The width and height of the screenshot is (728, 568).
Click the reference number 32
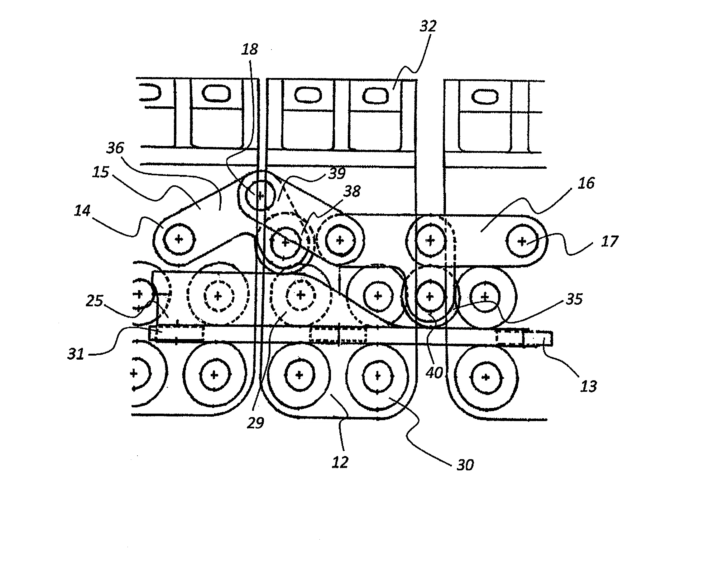point(428,26)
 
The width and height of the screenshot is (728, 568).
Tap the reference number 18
point(250,49)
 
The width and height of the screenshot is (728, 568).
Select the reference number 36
point(115,148)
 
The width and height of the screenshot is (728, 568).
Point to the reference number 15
point(101,172)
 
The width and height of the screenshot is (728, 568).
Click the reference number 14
point(82,211)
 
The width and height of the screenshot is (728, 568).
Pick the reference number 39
point(337,173)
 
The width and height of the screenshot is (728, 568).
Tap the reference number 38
point(352,192)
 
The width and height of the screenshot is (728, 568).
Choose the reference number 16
point(586,183)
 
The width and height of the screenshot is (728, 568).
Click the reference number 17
point(610,241)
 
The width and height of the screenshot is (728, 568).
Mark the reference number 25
point(95,301)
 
